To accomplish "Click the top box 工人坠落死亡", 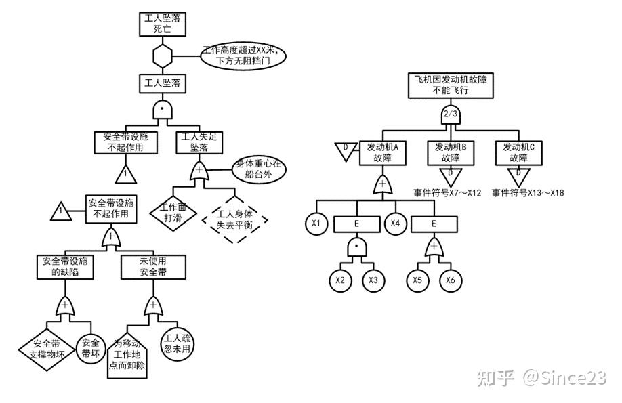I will click(163, 23).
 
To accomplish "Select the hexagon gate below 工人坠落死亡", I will click(163, 56).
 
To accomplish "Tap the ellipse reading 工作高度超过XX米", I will click(244, 56).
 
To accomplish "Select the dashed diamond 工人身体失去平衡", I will click(234, 220).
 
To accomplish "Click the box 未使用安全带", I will click(153, 266).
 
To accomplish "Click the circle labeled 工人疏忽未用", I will click(176, 343).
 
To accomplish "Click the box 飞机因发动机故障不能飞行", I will click(451, 84).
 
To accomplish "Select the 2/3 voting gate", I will click(451, 114).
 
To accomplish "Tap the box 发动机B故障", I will click(451, 152).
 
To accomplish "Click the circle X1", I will click(316, 222).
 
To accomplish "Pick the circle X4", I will click(395, 222).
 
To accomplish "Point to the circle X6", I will click(450, 279).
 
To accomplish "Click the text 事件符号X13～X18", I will click(528, 193).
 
